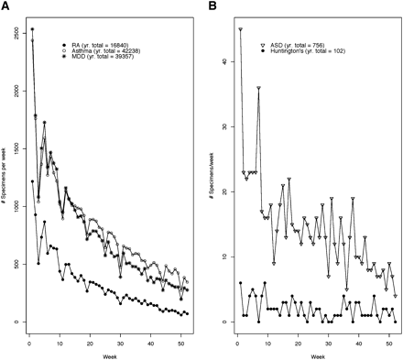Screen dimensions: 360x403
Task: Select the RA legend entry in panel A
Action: coord(102,42)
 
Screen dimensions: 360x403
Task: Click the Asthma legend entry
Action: coord(106,49)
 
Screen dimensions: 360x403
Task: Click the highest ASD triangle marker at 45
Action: coord(240,29)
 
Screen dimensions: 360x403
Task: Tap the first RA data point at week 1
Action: coord(32,181)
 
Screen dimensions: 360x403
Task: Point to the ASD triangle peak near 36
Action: coord(258,88)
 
